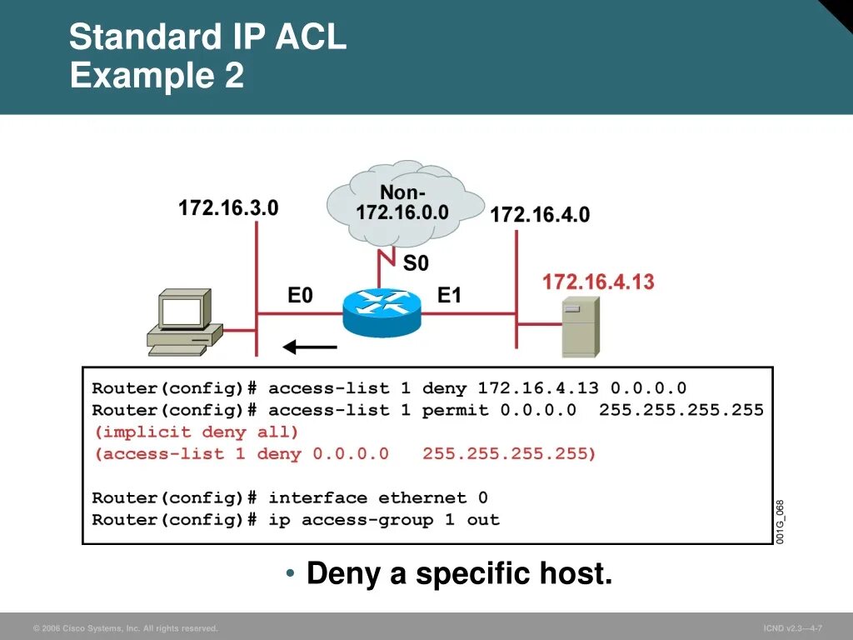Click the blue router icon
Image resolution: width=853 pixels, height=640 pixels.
tap(382, 313)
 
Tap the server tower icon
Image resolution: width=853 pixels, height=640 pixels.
tap(580, 327)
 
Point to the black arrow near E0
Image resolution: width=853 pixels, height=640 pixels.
tap(309, 347)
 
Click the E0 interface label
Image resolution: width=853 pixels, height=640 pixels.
tap(300, 296)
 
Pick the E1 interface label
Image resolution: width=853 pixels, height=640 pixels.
tap(449, 296)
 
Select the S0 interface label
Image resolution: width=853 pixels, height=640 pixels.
tap(416, 263)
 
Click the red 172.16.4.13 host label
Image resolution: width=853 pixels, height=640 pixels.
tap(598, 282)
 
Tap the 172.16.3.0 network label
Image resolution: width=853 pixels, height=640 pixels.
tap(228, 208)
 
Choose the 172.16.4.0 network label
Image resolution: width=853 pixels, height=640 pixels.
tap(540, 215)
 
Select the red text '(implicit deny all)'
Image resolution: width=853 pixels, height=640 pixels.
tap(196, 432)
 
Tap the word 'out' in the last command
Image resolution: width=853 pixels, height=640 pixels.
tap(483, 520)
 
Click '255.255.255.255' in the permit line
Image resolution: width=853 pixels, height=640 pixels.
tap(681, 410)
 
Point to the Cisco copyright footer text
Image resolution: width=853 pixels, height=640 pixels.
tap(125, 628)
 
